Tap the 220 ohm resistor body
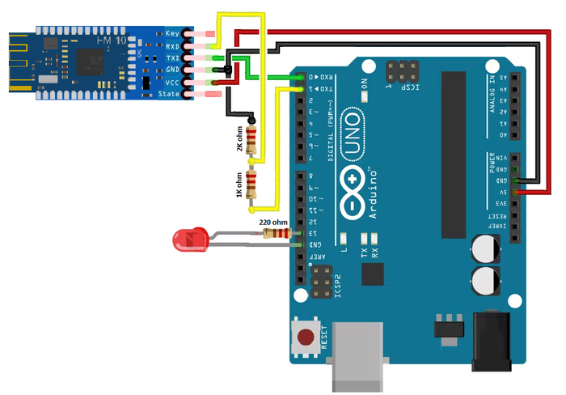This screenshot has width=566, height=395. pos(277,233)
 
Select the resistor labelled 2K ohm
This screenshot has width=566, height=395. pos(253,139)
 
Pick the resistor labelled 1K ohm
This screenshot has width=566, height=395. pos(253,185)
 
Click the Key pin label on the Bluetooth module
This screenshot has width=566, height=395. pos(171,32)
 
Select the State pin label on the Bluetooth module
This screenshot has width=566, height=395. pos(170,94)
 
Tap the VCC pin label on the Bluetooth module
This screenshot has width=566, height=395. pos(171,82)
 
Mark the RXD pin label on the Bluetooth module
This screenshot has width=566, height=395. pos(171,45)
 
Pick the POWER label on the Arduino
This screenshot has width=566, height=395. pos(492,163)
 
